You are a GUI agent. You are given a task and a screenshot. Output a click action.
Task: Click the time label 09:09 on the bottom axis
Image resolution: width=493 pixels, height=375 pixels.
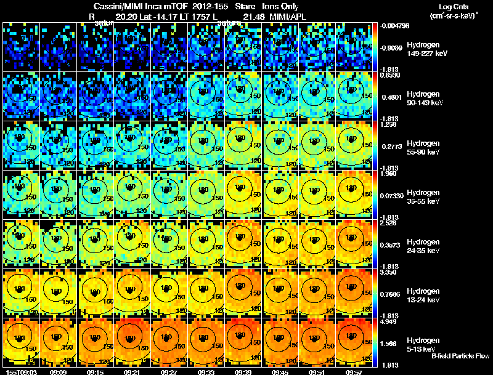pos(58,372)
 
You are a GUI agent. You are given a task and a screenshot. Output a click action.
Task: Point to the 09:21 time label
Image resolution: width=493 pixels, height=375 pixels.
pos(132,372)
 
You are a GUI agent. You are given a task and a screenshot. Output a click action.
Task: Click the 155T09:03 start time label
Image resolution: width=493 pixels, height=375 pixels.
pos(20,372)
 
